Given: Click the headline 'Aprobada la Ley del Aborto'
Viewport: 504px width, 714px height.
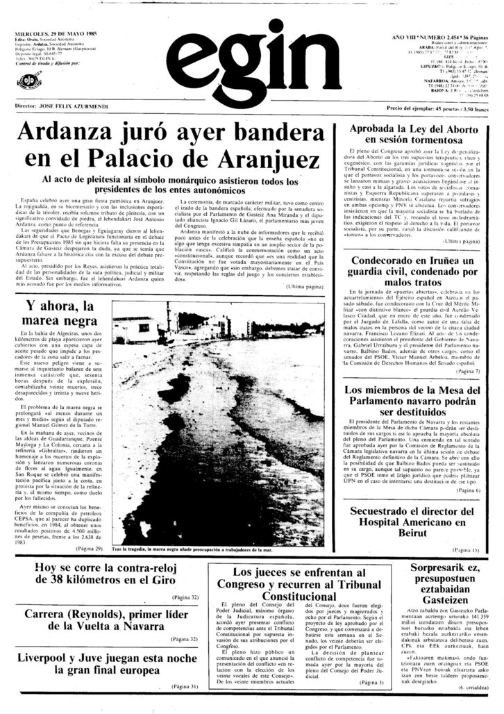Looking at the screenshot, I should click(x=412, y=131).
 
